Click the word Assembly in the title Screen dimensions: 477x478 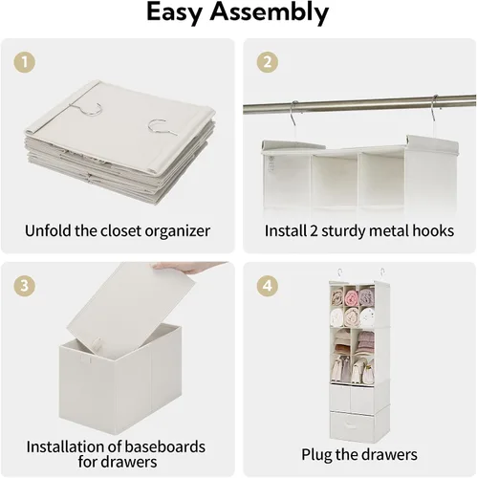(x=269, y=12)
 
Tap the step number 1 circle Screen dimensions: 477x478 (x=24, y=61)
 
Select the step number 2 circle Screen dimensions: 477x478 (x=267, y=61)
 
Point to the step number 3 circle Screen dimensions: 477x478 (x=24, y=286)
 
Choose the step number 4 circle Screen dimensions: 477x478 (x=267, y=286)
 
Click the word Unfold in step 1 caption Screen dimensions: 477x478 (x=48, y=230)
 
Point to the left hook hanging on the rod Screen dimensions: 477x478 (x=293, y=115)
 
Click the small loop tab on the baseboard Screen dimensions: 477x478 (x=97, y=343)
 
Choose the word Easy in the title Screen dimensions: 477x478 (x=175, y=12)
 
